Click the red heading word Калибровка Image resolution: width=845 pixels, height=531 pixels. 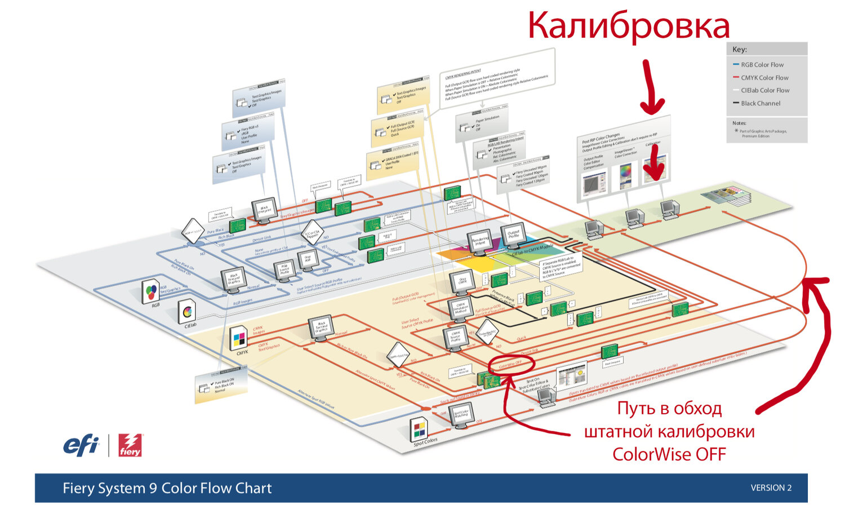click(628, 26)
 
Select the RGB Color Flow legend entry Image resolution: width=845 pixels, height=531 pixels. click(762, 65)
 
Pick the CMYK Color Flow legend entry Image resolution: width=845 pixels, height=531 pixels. click(764, 78)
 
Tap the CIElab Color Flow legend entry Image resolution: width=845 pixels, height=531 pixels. click(764, 90)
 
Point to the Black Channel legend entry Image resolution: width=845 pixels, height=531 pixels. click(760, 103)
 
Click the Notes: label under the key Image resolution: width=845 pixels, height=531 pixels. click(739, 123)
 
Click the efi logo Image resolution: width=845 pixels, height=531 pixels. click(81, 445)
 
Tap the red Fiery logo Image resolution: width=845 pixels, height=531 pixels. click(130, 445)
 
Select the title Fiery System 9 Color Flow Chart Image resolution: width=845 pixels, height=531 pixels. click(167, 488)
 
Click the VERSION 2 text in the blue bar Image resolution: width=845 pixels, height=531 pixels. click(771, 488)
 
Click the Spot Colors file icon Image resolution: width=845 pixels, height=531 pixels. click(419, 430)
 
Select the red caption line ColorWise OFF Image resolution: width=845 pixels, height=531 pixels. click(669, 454)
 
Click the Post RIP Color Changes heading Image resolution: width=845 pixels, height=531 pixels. click(601, 139)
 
